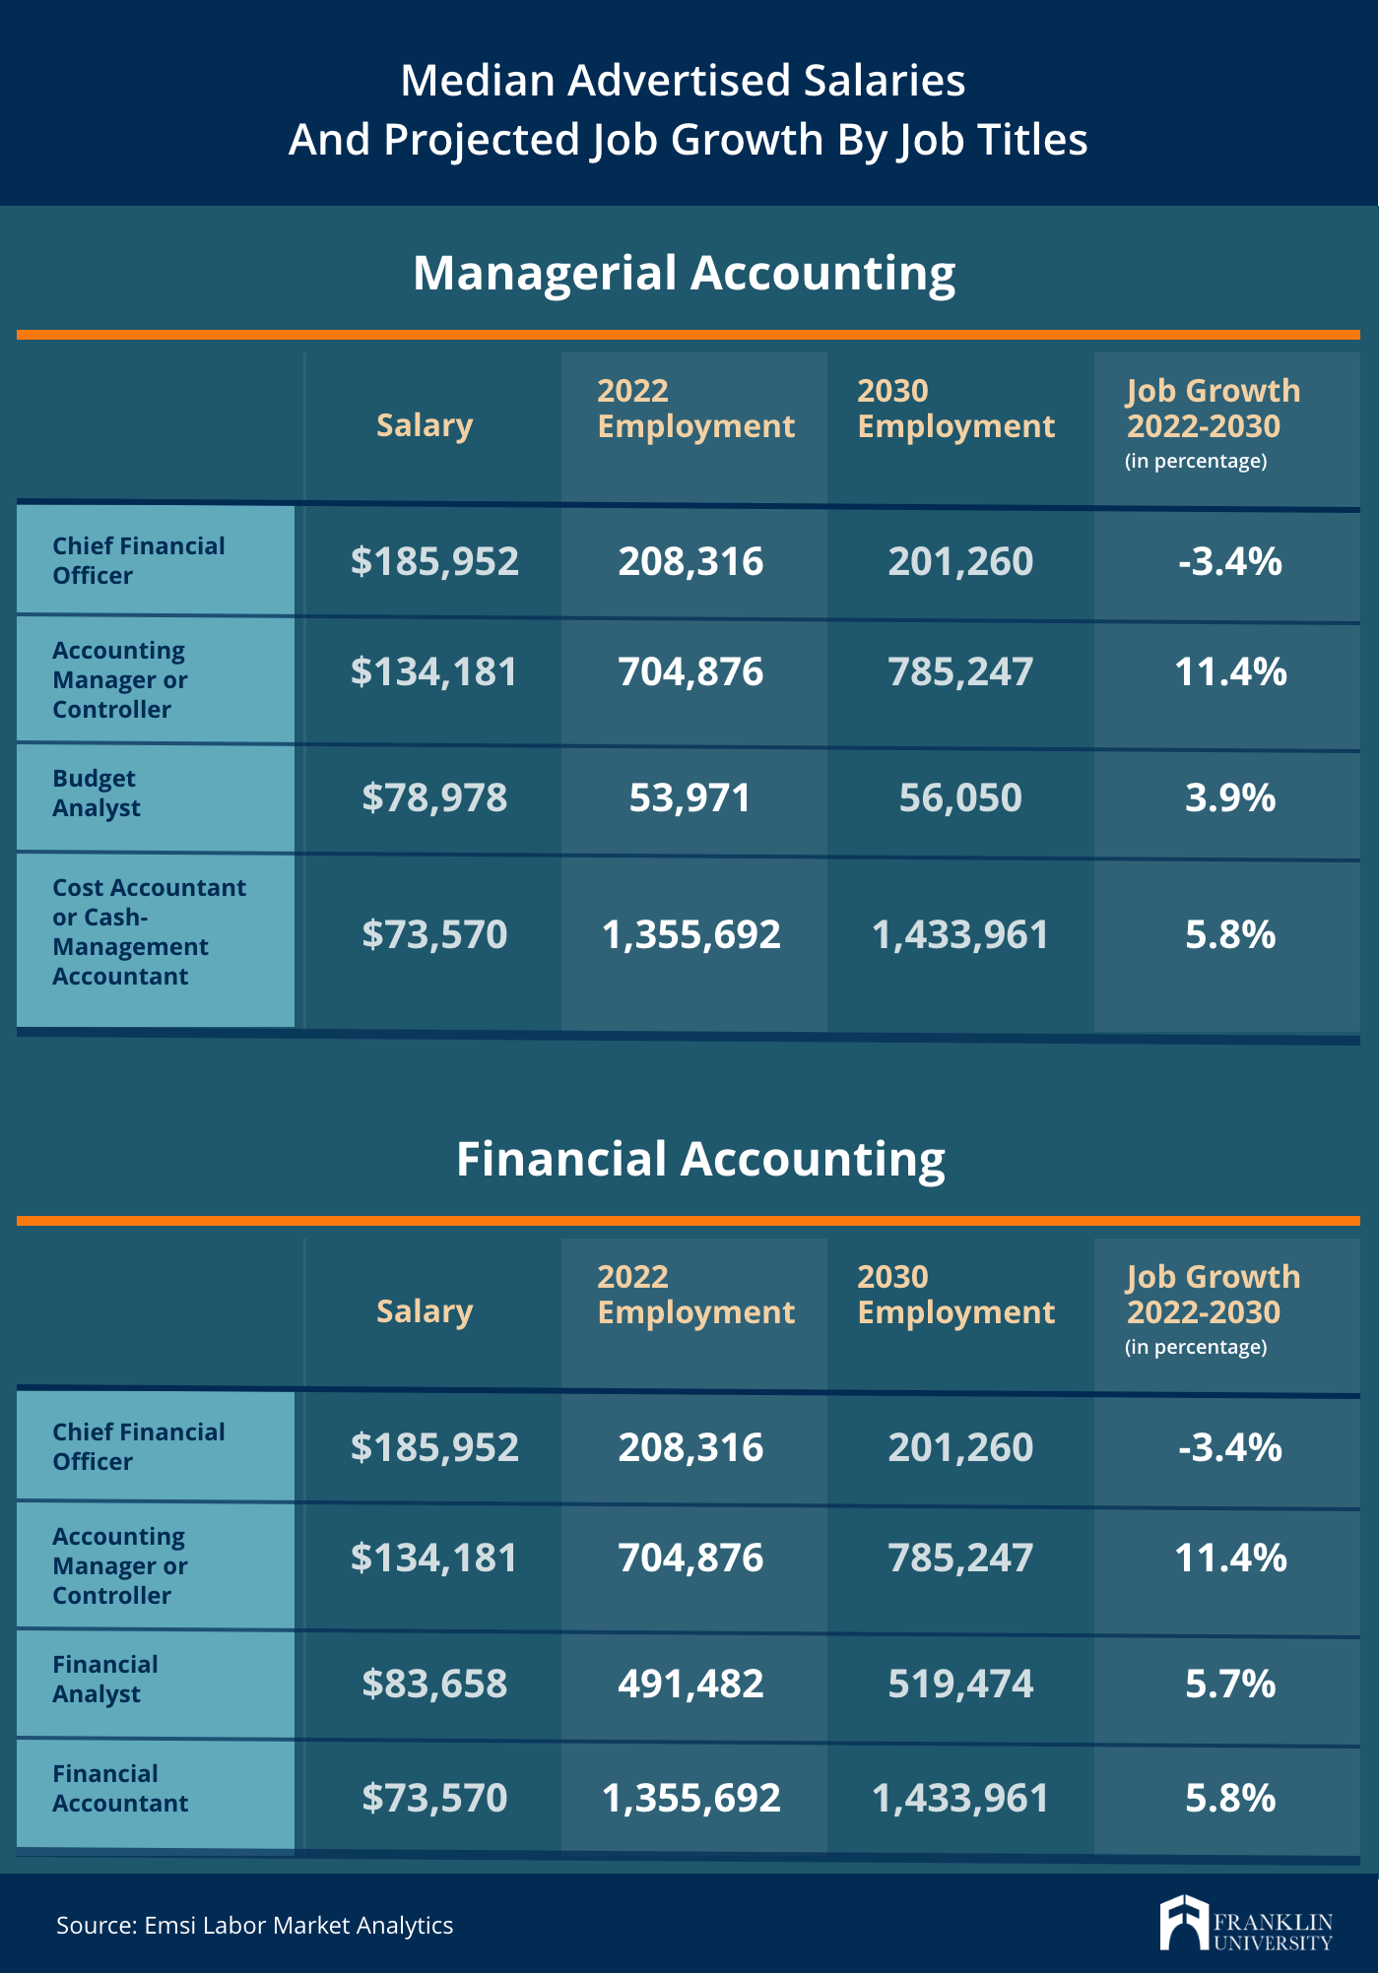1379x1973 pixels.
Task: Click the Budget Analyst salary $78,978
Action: [434, 797]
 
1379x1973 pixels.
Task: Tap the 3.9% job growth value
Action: [1230, 797]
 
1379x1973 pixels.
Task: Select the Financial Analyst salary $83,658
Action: [434, 1684]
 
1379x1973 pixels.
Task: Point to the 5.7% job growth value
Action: [1230, 1684]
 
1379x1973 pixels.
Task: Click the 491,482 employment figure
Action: [690, 1684]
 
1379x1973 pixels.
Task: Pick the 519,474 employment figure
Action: [960, 1684]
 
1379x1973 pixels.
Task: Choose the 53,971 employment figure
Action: [689, 797]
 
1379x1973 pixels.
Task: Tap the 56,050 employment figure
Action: [960, 797]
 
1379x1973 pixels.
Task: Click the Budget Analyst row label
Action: [96, 793]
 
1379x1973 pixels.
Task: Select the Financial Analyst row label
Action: [104, 1679]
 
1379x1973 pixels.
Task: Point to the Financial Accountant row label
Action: [120, 1788]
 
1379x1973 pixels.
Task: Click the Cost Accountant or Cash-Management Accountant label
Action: [149, 931]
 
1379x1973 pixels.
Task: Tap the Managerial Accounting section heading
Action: [685, 273]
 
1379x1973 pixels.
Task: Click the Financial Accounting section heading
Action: [700, 1159]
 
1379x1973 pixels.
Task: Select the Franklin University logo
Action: [1246, 1923]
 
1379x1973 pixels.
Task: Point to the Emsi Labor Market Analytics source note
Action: [254, 1925]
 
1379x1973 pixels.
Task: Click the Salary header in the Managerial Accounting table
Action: [425, 425]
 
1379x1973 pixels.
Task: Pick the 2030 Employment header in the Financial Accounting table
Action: [955, 1294]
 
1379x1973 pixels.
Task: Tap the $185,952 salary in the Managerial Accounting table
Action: [434, 561]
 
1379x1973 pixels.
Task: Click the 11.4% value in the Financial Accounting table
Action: [1230, 1558]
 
